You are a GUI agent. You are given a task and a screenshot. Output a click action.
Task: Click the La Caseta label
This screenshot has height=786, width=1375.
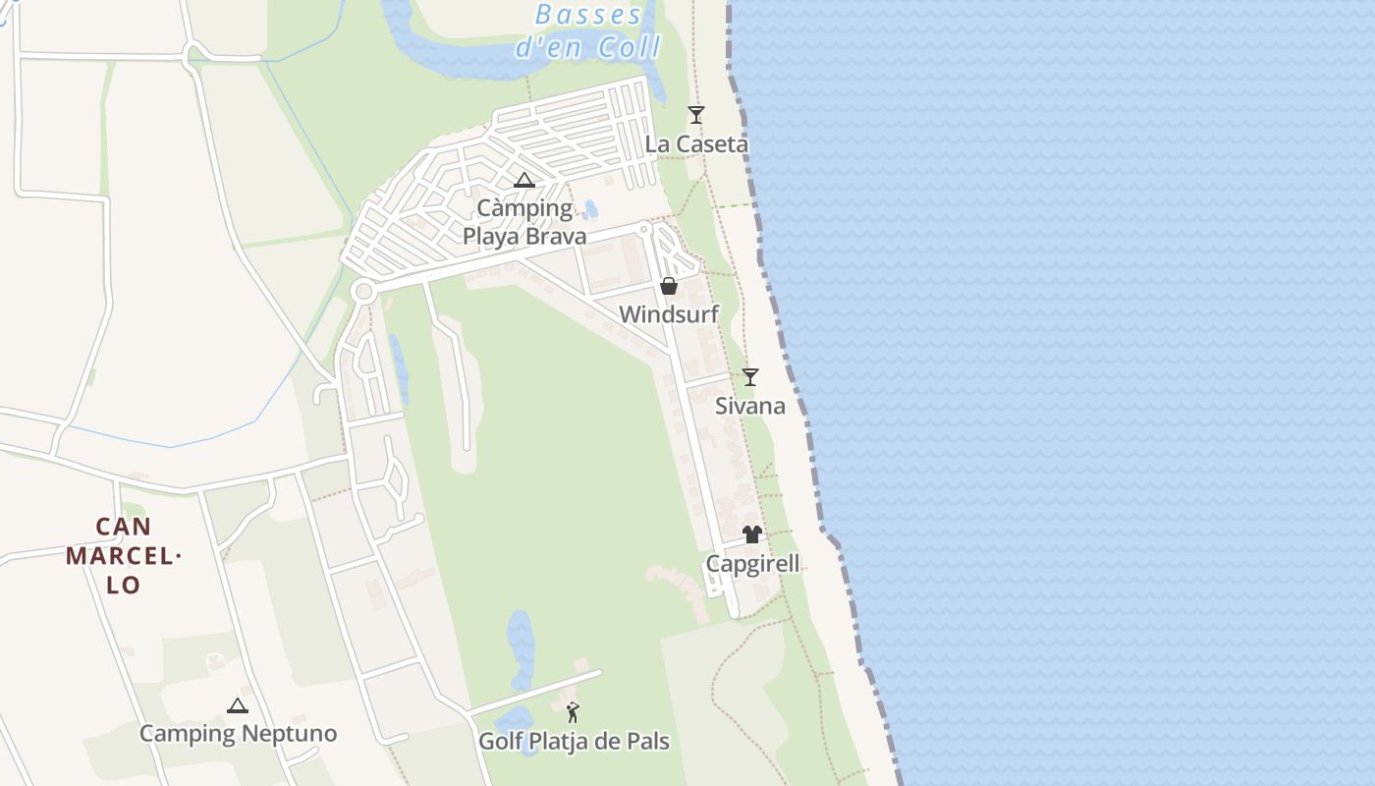coord(696,144)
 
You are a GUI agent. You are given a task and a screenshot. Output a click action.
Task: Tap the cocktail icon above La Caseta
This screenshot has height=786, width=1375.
coord(696,115)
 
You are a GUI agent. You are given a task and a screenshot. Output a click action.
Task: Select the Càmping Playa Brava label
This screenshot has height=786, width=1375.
coord(524,222)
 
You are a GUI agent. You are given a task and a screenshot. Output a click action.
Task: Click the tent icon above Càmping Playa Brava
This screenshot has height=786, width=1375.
coord(524,180)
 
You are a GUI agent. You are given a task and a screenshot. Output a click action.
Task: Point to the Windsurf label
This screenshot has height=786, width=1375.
coord(669,314)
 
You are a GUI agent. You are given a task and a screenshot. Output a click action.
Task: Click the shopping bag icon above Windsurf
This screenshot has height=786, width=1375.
coord(669,286)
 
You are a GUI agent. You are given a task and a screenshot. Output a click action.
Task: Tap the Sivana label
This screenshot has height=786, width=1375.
coord(750,406)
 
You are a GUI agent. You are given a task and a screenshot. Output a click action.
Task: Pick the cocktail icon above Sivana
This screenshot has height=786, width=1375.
coord(750,377)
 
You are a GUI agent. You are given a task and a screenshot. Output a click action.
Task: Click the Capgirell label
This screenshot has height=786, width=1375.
coord(752,564)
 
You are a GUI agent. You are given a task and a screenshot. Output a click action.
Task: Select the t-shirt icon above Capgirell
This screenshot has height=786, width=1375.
coord(752,534)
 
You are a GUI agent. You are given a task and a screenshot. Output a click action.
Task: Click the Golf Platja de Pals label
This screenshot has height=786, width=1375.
coord(574,741)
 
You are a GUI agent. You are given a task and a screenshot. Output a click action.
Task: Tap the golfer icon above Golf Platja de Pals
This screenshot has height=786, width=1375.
coord(574,712)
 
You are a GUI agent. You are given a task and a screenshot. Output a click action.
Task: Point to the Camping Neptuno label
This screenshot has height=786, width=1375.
coord(238,734)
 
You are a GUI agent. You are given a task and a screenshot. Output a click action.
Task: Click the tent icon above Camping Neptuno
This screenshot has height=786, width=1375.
coord(238,705)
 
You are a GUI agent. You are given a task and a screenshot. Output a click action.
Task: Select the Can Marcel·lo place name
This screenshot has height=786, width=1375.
coord(124,556)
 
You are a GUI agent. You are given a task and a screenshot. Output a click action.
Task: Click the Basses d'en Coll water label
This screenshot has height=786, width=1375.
coord(588,30)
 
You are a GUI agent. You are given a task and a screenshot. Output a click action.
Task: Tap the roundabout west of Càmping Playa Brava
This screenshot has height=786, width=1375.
coord(364,291)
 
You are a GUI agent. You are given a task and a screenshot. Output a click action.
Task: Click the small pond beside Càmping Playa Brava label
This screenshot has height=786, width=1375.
coord(591,209)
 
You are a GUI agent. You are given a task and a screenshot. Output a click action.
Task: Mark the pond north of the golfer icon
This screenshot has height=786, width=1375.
coord(521,648)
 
